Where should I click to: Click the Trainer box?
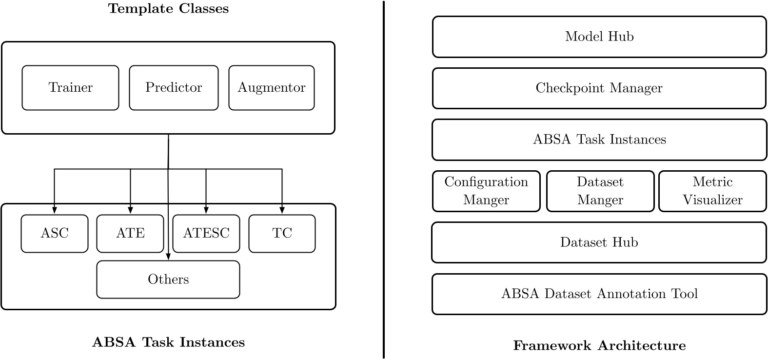(70, 88)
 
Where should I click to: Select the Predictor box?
(174, 88)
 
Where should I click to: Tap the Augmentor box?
(272, 88)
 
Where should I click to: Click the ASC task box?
(55, 234)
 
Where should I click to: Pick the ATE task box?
(130, 234)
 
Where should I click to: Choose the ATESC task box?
(206, 234)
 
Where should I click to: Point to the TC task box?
(282, 234)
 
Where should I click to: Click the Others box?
(168, 280)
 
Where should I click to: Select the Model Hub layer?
(599, 37)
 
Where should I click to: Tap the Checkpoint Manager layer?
(599, 88)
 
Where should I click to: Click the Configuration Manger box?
(486, 191)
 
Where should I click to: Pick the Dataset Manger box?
(600, 191)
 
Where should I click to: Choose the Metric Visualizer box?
(712, 191)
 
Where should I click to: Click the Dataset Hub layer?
(599, 242)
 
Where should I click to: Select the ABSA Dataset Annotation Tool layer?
(599, 294)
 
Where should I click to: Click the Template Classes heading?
(168, 9)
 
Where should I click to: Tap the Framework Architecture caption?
(599, 346)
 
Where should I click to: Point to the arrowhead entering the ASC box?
(54, 210)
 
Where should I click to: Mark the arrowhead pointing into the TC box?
(282, 210)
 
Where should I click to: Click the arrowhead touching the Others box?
(168, 257)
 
